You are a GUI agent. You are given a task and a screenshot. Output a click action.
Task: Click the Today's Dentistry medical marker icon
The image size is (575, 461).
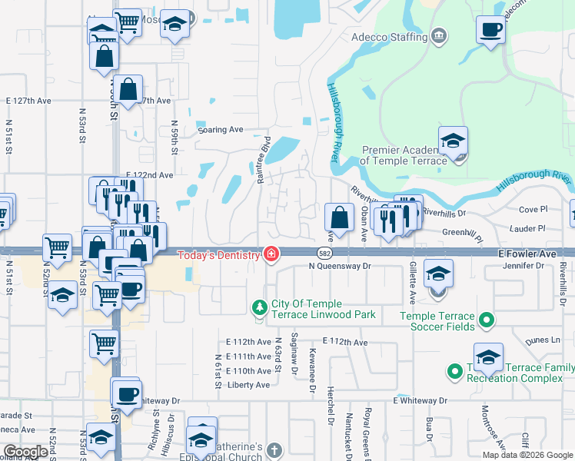(271, 254)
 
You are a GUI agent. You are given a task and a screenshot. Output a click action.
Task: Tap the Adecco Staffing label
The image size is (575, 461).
(390, 37)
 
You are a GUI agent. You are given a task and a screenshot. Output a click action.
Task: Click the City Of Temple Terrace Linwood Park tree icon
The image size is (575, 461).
(260, 308)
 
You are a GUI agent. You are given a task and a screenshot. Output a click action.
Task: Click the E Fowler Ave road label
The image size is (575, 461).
(527, 253)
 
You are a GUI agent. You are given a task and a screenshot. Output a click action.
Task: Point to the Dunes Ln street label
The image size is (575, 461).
(543, 340)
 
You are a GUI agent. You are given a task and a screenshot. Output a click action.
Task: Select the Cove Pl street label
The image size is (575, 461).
(532, 209)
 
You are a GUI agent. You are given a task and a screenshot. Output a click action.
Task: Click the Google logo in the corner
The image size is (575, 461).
(25, 452)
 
